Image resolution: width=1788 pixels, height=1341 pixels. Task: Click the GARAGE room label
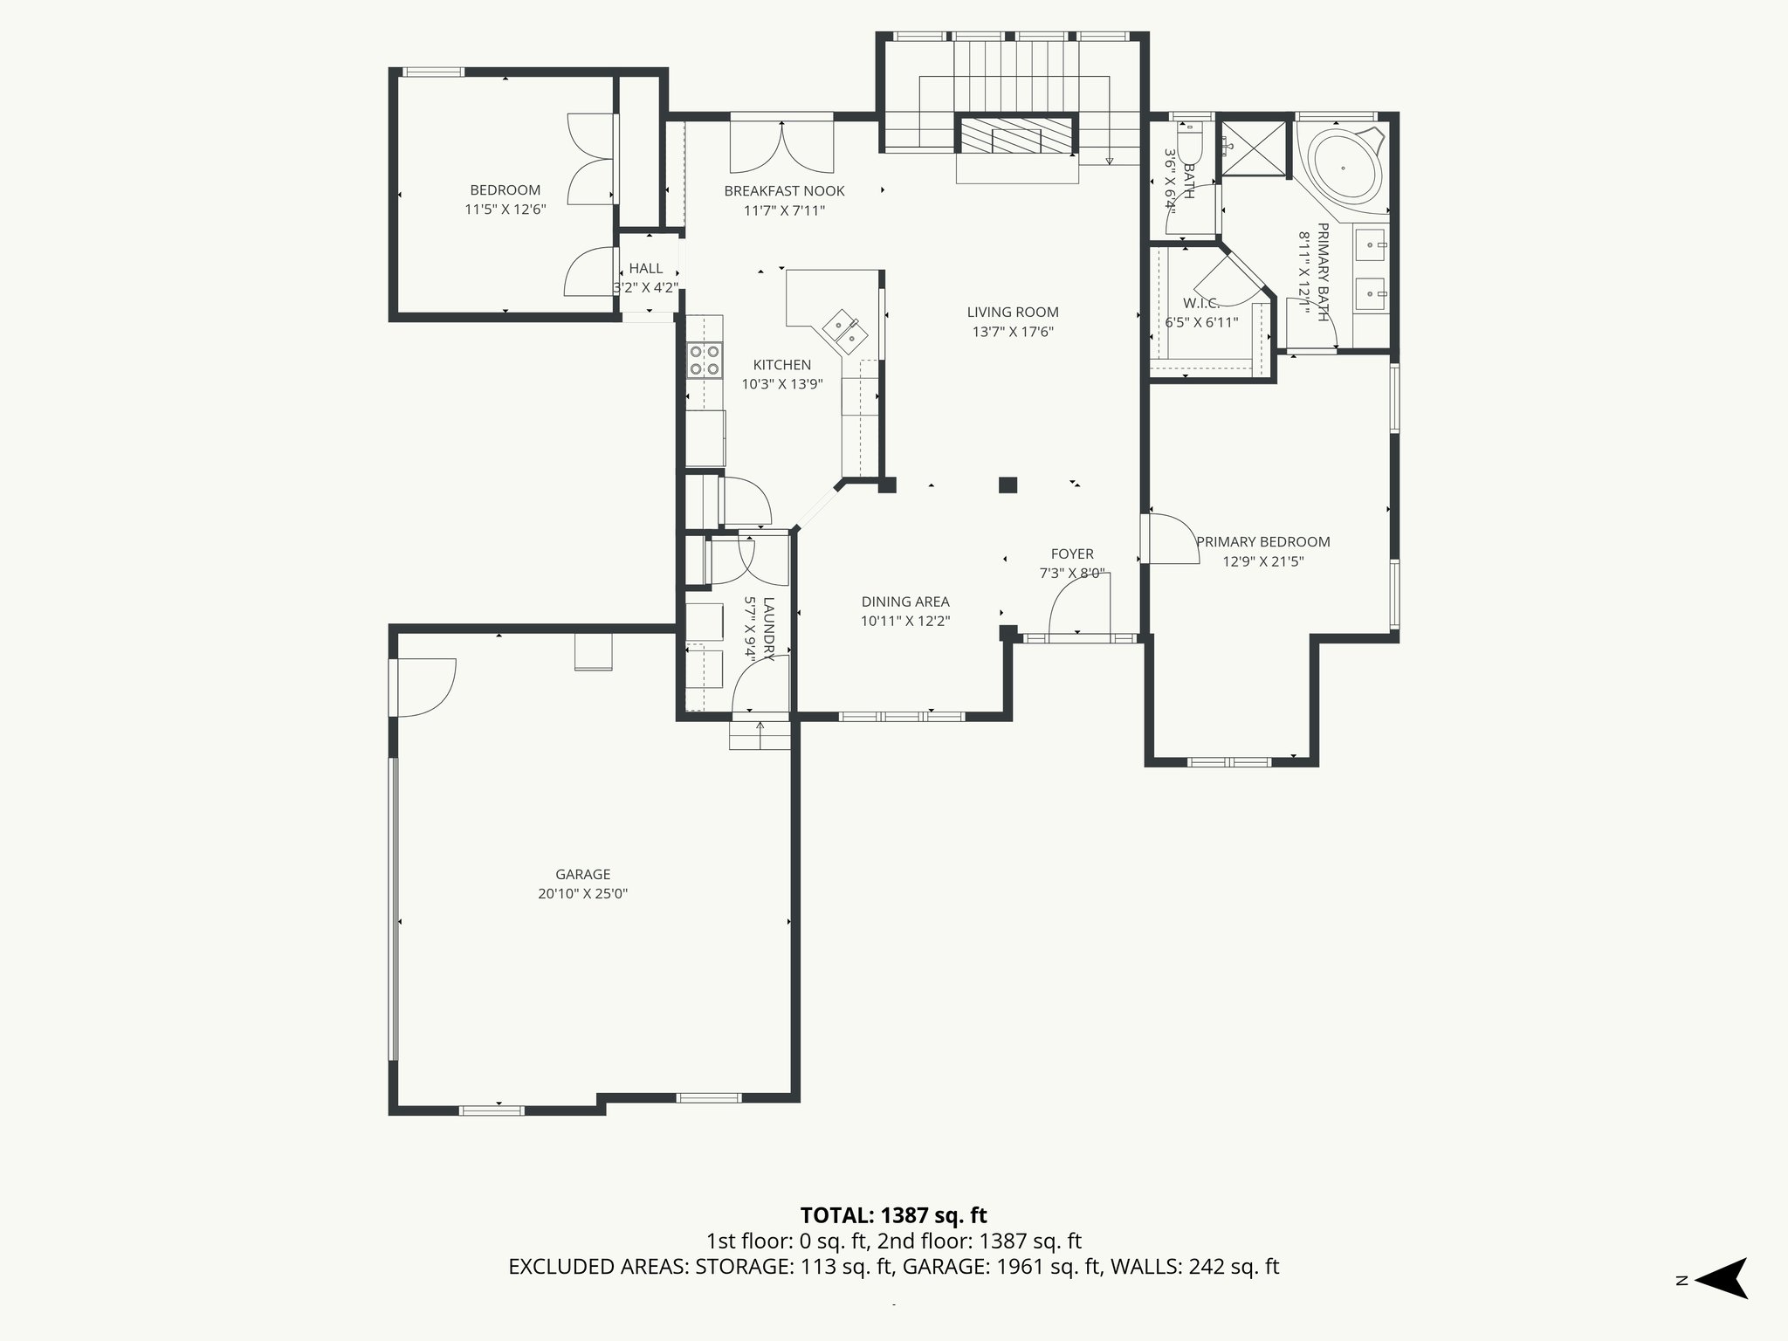click(582, 874)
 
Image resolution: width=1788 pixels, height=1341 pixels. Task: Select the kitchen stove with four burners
click(705, 360)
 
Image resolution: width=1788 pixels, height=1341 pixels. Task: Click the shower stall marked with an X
click(1254, 148)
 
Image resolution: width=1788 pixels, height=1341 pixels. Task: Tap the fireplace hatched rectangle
click(1017, 136)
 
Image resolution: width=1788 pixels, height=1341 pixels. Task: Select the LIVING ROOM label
click(1013, 312)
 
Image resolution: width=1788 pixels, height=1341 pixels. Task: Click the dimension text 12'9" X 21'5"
click(1262, 561)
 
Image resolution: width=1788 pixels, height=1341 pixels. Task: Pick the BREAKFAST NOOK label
click(784, 190)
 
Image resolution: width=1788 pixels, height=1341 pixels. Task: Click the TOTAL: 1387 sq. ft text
click(893, 1215)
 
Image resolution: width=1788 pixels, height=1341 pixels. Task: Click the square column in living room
click(1008, 485)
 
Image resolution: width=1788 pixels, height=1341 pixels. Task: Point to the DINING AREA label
click(904, 602)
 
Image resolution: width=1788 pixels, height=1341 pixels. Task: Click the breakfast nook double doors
click(781, 147)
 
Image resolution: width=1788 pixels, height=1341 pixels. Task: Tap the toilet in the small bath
click(1190, 147)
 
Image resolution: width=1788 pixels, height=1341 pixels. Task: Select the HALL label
click(646, 268)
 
